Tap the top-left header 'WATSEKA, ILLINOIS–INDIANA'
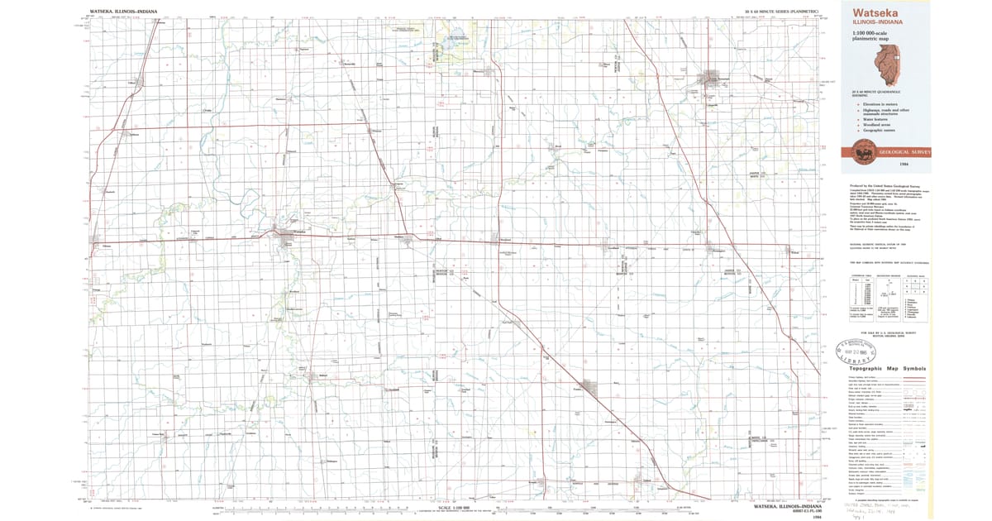(x=123, y=12)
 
